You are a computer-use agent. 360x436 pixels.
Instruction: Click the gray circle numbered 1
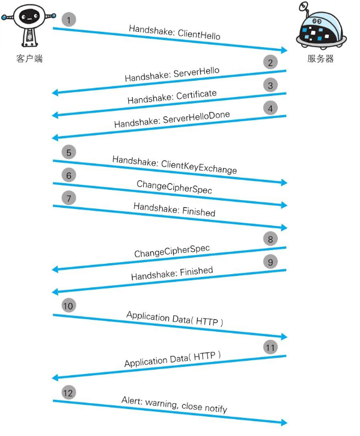(68, 20)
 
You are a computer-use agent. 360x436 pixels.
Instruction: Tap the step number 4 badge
(270, 109)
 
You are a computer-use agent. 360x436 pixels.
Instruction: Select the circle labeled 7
(68, 199)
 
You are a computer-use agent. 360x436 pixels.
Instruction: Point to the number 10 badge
(68, 305)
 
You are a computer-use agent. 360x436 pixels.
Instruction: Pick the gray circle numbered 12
(68, 393)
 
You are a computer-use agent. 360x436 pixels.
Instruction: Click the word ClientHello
(199, 35)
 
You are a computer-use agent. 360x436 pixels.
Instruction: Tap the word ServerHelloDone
(196, 117)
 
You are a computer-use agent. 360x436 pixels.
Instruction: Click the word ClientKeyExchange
(199, 167)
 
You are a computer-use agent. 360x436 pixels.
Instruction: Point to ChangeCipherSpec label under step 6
(174, 187)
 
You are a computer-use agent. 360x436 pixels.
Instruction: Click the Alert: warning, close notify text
(174, 405)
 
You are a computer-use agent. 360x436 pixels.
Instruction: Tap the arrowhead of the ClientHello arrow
(284, 50)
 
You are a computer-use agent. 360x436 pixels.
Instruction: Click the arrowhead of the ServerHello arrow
(55, 93)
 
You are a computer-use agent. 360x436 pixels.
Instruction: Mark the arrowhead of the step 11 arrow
(55, 378)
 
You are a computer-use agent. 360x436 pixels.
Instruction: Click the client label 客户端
(29, 59)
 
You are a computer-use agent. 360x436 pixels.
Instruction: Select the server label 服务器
(321, 59)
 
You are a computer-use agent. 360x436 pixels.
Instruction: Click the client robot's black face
(29, 16)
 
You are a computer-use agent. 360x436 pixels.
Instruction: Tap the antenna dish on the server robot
(304, 5)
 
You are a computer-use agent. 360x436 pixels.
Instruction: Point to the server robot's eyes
(317, 21)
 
